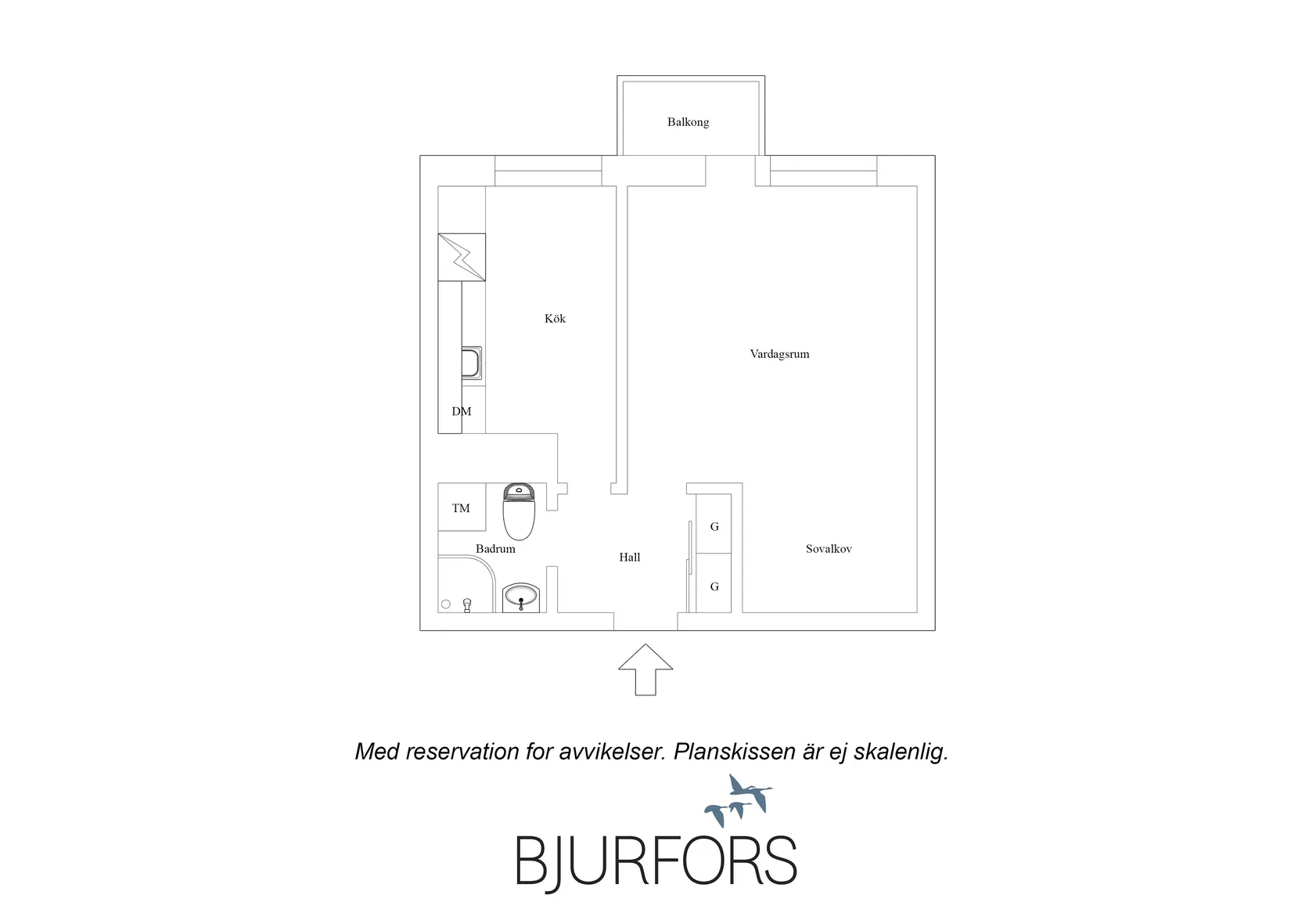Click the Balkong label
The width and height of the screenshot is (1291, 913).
click(689, 122)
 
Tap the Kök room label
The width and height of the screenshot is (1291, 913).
click(555, 319)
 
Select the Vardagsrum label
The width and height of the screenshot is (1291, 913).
click(779, 354)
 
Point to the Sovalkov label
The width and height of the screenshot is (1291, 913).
click(829, 549)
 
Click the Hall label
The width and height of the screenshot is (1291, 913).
click(629, 558)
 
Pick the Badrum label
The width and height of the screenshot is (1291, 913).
click(495, 549)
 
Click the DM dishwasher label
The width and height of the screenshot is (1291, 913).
click(461, 411)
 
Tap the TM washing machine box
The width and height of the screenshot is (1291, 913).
click(462, 507)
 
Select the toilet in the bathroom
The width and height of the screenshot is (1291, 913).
click(519, 511)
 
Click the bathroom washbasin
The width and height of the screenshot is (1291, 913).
click(521, 597)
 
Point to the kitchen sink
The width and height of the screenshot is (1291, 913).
click(472, 363)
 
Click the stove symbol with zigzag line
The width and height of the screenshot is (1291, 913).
click(462, 258)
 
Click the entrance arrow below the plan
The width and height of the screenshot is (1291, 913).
click(645, 669)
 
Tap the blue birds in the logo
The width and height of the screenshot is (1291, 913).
click(739, 800)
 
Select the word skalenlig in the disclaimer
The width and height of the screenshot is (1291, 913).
click(901, 752)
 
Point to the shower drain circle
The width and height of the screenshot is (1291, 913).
click(445, 604)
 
